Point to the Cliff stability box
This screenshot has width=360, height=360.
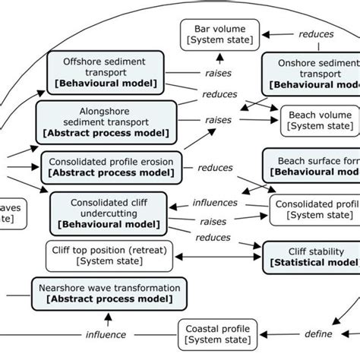(311, 257)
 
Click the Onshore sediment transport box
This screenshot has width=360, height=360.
(311, 73)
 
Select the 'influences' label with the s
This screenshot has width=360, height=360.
(213, 204)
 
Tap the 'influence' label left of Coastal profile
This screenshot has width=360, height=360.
(106, 334)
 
